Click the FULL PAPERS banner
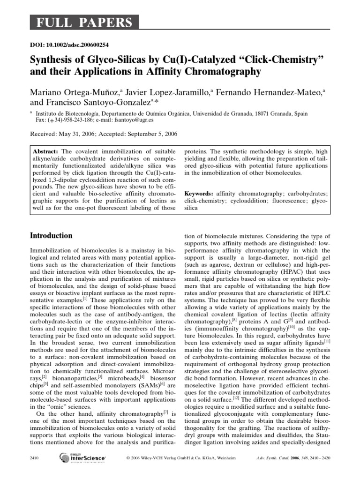click(84, 22)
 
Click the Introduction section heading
click(51, 236)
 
